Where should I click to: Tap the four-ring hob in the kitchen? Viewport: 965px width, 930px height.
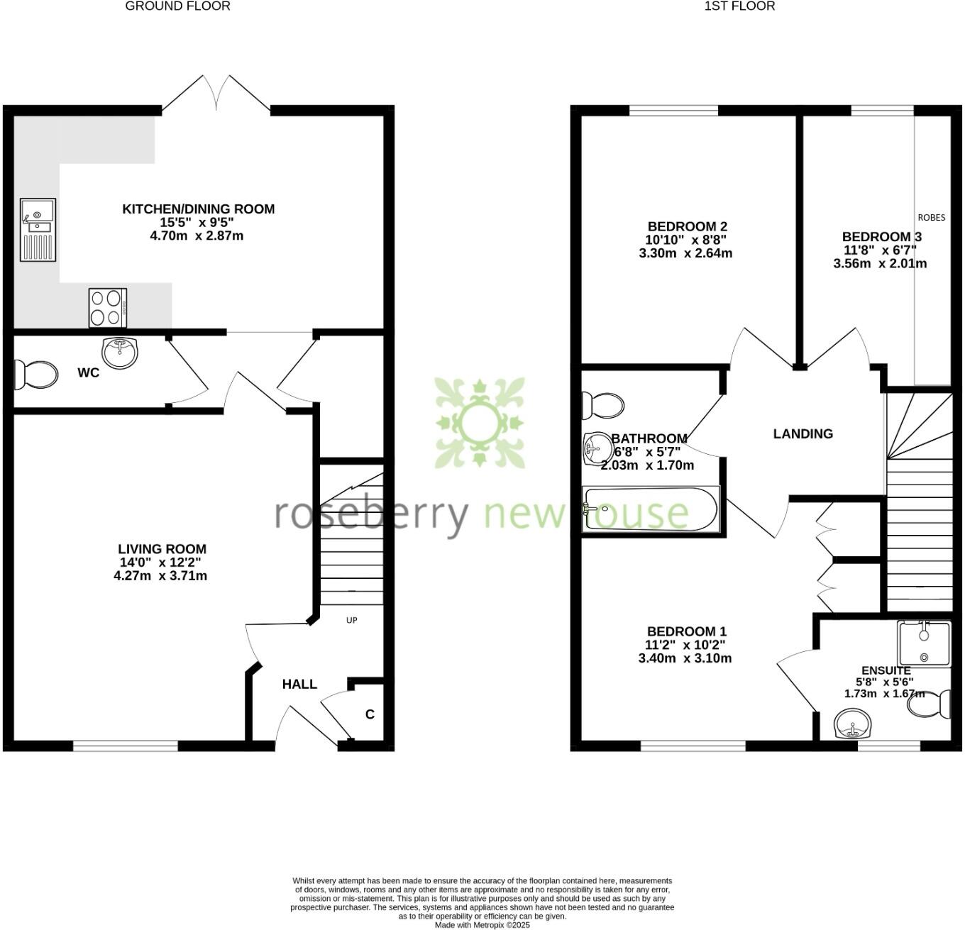[x=108, y=308]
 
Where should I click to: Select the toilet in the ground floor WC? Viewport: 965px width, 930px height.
[x=35, y=375]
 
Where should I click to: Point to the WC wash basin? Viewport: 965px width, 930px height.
[x=120, y=352]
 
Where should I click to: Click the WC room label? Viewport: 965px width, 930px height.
[x=89, y=373]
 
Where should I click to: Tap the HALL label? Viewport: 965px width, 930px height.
[x=299, y=685]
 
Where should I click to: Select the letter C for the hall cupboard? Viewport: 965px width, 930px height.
[x=370, y=714]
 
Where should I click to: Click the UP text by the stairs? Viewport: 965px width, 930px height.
[x=351, y=620]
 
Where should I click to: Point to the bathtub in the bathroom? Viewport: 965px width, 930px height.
[x=650, y=508]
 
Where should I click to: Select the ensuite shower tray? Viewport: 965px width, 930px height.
[x=923, y=643]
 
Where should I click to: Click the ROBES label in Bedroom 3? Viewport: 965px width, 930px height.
[x=932, y=218]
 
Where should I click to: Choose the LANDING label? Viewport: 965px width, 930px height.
[x=803, y=433]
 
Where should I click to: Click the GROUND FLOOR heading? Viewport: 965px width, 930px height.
[x=177, y=6]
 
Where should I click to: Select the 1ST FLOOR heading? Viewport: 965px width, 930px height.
[x=739, y=6]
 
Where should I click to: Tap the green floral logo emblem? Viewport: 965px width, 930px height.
[x=480, y=424]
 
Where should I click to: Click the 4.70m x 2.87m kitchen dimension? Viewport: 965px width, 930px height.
[x=197, y=236]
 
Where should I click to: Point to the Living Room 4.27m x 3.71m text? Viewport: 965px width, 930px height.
[x=160, y=576]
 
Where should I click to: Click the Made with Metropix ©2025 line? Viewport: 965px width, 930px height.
[x=482, y=925]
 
